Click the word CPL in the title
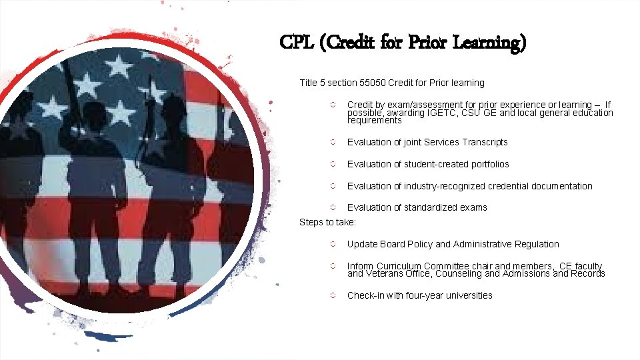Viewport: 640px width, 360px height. [x=297, y=43]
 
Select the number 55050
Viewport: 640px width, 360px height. [x=371, y=83]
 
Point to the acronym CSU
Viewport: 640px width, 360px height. [x=471, y=113]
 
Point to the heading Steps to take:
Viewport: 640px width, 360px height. [x=327, y=221]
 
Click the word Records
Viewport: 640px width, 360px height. [x=587, y=273]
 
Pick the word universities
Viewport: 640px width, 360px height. [x=467, y=295]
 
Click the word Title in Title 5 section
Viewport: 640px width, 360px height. [x=308, y=83]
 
